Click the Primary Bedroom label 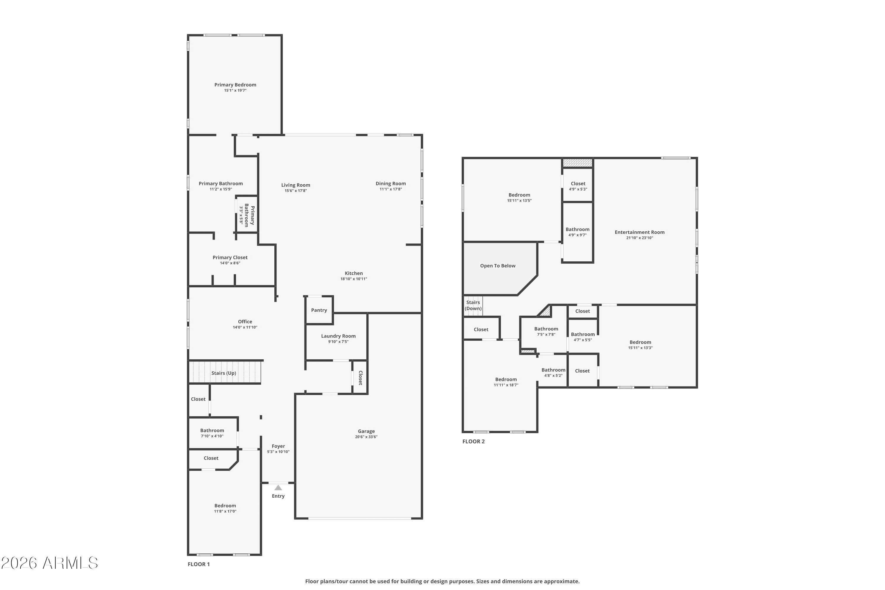coord(235,85)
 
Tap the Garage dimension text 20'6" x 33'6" coord(366,437)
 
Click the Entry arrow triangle coord(278,488)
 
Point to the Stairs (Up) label coord(224,373)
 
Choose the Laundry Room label coord(338,336)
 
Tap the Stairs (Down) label coord(473,305)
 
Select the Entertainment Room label coord(640,232)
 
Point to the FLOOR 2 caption coord(473,441)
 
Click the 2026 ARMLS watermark coord(49,563)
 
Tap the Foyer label coord(278,446)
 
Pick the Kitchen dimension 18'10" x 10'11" coord(354,279)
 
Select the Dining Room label coord(391,183)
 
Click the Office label coord(245,322)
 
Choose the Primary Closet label coord(230,257)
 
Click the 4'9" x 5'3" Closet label coord(578,183)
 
